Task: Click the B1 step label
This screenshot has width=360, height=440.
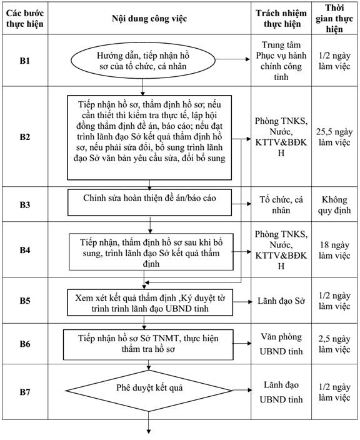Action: click(x=25, y=61)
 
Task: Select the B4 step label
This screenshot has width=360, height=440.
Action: click(x=25, y=250)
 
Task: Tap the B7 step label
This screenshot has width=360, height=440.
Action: click(x=25, y=392)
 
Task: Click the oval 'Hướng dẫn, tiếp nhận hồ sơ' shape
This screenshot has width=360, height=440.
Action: click(x=143, y=61)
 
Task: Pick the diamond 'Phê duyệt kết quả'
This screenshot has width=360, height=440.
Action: click(x=149, y=390)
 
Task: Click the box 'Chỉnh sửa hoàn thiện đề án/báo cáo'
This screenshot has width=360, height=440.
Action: click(x=149, y=202)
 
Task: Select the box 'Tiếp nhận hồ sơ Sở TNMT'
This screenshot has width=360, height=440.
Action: click(x=148, y=344)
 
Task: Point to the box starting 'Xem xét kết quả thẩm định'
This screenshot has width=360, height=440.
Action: click(x=150, y=302)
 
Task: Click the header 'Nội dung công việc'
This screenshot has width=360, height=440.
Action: click(x=149, y=19)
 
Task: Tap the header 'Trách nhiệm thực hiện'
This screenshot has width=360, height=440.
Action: click(x=281, y=19)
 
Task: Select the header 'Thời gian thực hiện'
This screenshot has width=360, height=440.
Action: click(x=334, y=19)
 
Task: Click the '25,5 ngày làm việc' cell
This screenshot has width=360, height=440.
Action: click(x=334, y=137)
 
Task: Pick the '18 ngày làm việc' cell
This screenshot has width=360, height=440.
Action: click(x=334, y=250)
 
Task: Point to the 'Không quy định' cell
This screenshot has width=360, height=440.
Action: click(x=334, y=205)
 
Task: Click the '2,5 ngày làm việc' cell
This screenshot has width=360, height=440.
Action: click(x=334, y=344)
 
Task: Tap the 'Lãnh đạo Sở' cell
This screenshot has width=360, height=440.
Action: click(x=281, y=301)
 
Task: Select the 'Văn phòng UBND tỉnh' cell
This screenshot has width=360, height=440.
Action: click(x=281, y=344)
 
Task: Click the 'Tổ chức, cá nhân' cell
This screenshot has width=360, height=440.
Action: click(x=281, y=205)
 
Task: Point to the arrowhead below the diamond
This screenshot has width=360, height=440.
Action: click(x=149, y=432)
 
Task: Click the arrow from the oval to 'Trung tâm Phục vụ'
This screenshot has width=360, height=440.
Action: click(x=232, y=59)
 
